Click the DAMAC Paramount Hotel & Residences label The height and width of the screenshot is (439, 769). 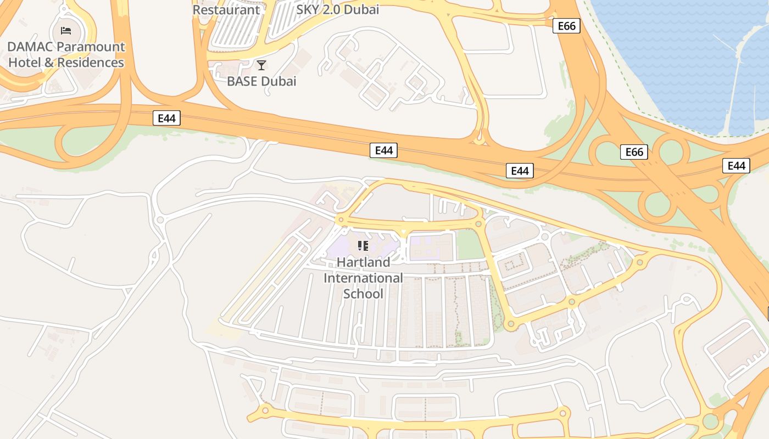point(66,54)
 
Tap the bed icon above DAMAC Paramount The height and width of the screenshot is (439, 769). point(66,30)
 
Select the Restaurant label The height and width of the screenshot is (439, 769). point(226,9)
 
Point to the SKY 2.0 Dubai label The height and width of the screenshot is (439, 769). point(338,9)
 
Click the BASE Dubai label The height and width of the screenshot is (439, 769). point(261,81)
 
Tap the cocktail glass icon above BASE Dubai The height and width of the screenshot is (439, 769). point(261,65)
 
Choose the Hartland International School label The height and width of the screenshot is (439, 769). point(363,278)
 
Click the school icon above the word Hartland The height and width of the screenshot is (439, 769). point(363,245)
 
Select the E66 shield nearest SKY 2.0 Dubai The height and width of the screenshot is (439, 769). point(566,26)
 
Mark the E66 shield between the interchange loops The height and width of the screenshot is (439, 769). point(634,152)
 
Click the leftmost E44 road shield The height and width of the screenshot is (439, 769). point(166,118)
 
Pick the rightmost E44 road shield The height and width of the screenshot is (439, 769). point(736,166)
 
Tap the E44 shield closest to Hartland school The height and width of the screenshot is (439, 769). point(383,150)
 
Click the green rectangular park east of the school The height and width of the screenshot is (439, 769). point(470,245)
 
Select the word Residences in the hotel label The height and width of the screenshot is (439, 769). point(91,63)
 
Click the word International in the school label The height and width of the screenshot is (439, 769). point(363,278)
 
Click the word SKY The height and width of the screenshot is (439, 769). point(308,9)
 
